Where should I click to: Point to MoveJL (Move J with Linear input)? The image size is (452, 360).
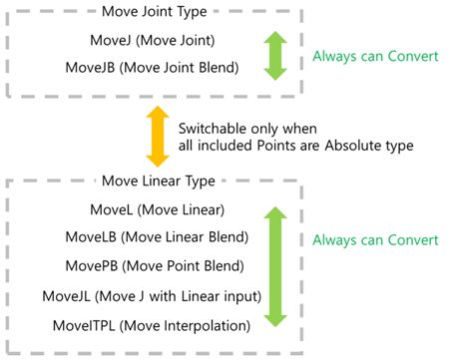151,296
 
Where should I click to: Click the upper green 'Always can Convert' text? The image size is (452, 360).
375,57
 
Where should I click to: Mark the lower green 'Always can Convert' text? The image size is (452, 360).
375,240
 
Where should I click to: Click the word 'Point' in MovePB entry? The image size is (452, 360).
176,267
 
